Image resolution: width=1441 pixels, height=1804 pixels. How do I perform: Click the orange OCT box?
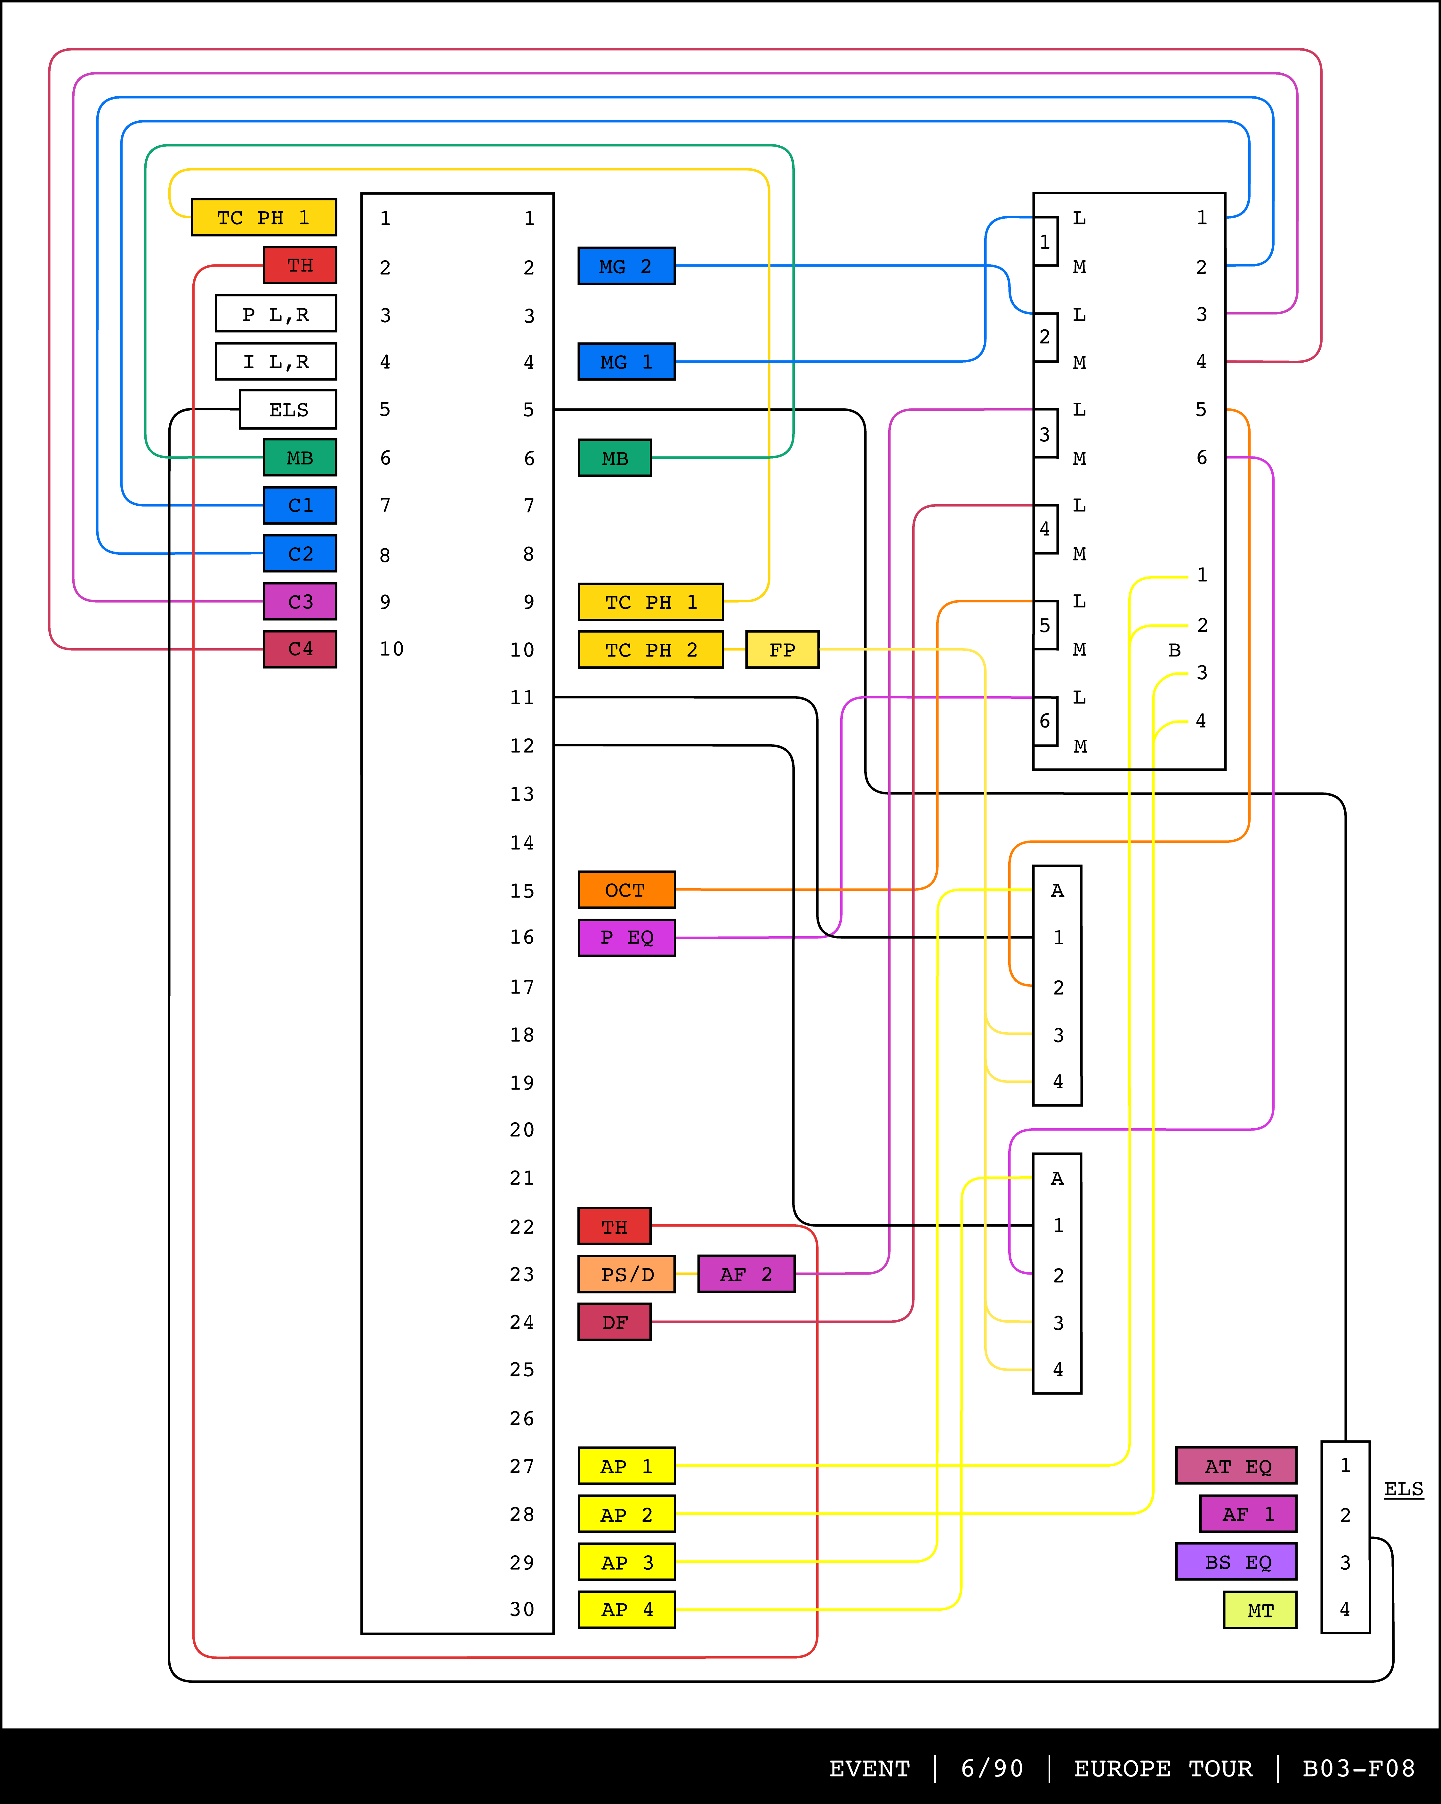tap(626, 890)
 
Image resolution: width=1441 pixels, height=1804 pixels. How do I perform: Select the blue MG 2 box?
tap(626, 266)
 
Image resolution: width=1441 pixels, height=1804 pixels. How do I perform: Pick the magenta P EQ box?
tap(626, 937)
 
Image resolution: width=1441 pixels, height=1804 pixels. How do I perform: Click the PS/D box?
tap(626, 1274)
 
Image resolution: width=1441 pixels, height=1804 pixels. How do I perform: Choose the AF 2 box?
tap(745, 1274)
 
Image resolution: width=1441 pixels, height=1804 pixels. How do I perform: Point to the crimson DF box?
tap(614, 1322)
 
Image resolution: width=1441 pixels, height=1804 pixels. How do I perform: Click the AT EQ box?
tap(1236, 1466)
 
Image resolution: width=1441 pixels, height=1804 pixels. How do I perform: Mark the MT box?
tap(1260, 1610)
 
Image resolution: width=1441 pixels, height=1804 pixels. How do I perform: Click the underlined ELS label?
tap(1403, 1489)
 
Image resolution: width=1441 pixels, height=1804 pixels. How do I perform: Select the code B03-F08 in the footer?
tap(1358, 1768)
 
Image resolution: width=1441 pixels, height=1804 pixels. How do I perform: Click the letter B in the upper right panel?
tap(1174, 650)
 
